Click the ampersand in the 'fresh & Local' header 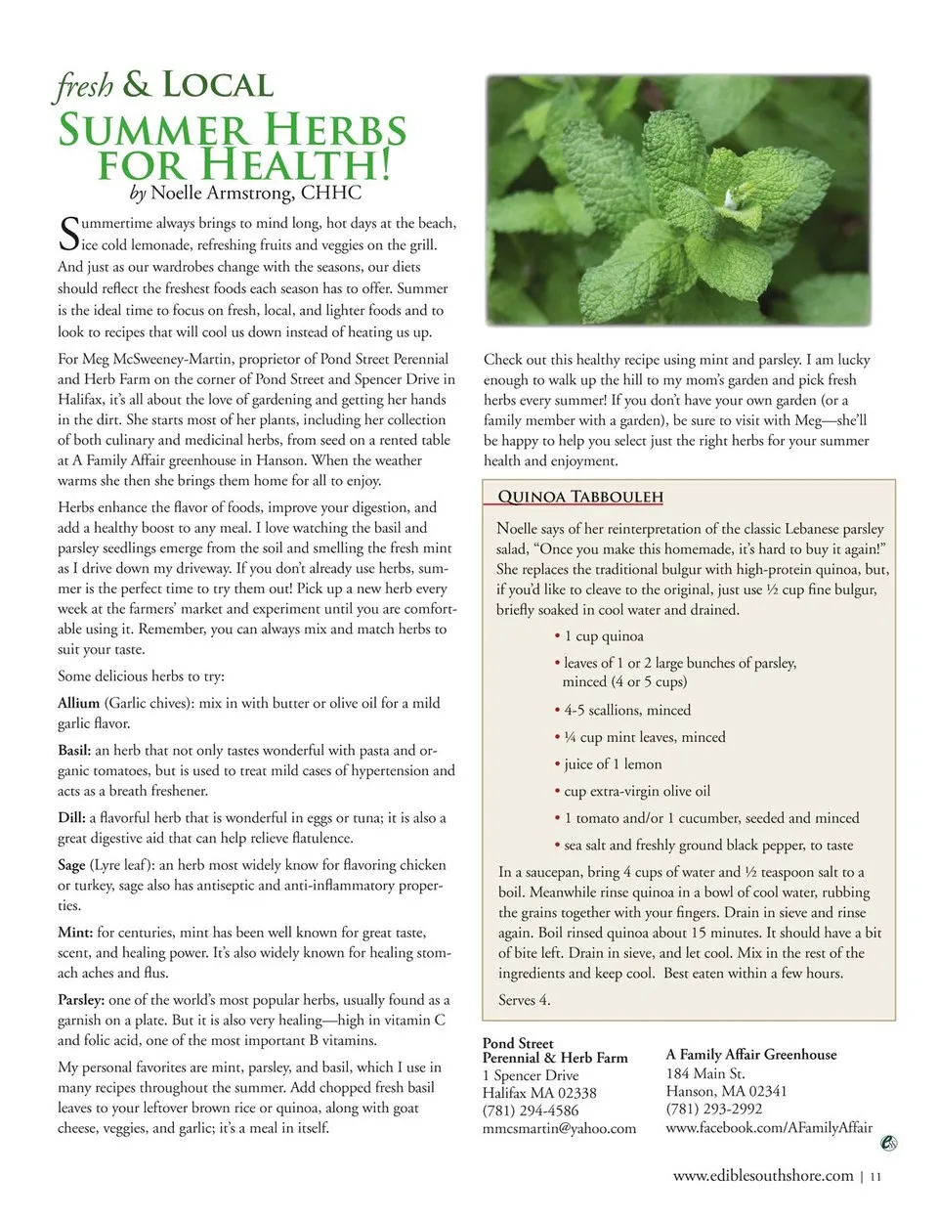pyautogui.click(x=137, y=85)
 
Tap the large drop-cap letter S pyautogui.click(x=67, y=233)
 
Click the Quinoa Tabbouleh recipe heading pyautogui.click(x=580, y=497)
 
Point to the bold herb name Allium pyautogui.click(x=78, y=703)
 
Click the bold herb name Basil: pyautogui.click(x=74, y=751)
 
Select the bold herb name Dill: pyautogui.click(x=71, y=818)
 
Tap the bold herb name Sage pyautogui.click(x=71, y=865)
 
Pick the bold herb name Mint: pyautogui.click(x=75, y=933)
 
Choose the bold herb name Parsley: pyautogui.click(x=81, y=1000)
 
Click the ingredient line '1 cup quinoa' pyautogui.click(x=604, y=636)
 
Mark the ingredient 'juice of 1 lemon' pyautogui.click(x=613, y=764)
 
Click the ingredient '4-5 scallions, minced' pyautogui.click(x=626, y=711)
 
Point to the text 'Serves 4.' pyautogui.click(x=525, y=1000)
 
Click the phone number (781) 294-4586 pyautogui.click(x=531, y=1110)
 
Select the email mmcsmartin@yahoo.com pyautogui.click(x=559, y=1128)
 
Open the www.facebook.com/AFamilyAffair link pyautogui.click(x=769, y=1127)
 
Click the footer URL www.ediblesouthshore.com pyautogui.click(x=763, y=1176)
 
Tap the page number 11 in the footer pyautogui.click(x=875, y=1177)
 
